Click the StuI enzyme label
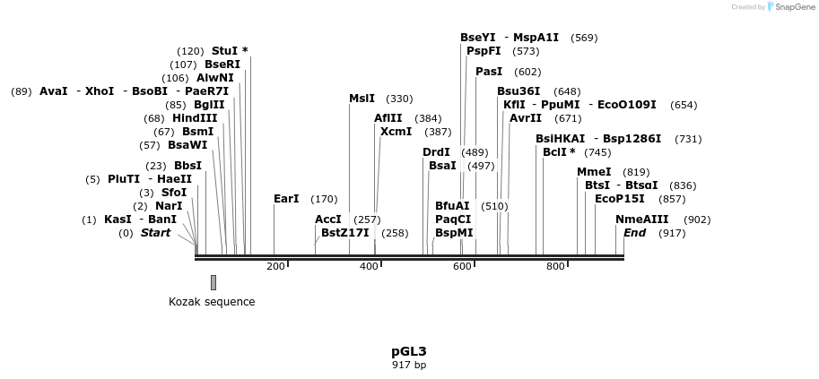(x=224, y=51)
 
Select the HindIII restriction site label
(x=195, y=118)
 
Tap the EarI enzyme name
(x=286, y=199)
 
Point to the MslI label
(x=362, y=99)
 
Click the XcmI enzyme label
(x=396, y=132)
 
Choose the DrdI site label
(x=436, y=152)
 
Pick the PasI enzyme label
(x=489, y=72)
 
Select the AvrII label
(x=526, y=118)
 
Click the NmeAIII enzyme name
(x=642, y=220)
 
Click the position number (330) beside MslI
(x=399, y=99)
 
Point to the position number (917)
(x=672, y=233)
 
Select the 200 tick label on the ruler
(x=275, y=267)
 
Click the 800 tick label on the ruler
(x=556, y=267)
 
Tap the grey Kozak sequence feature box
(x=213, y=282)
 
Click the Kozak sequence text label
(x=212, y=302)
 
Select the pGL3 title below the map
(x=409, y=351)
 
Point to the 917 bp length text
(x=409, y=365)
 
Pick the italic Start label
(x=156, y=233)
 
